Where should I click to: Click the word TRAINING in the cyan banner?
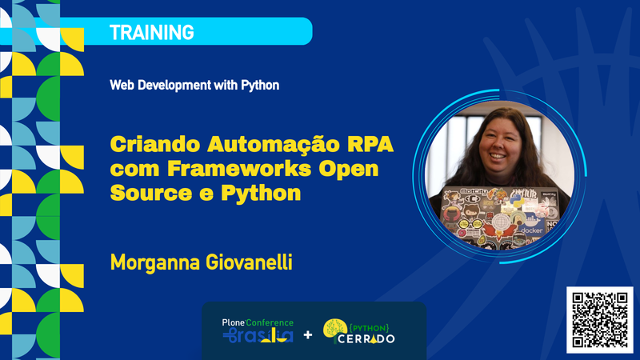click(151, 33)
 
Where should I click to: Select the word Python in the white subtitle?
click(260, 86)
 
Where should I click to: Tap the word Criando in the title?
click(155, 144)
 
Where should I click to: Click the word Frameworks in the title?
click(239, 169)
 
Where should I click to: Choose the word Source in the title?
click(151, 193)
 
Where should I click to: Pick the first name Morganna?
click(155, 263)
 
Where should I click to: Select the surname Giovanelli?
click(249, 262)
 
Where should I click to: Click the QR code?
click(599, 320)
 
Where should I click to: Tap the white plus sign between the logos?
click(308, 335)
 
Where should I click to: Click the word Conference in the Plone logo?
click(270, 322)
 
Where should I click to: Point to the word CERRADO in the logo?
click(366, 338)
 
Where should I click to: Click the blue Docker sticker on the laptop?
click(531, 226)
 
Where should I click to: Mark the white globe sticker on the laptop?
click(499, 223)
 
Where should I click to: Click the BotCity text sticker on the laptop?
click(474, 191)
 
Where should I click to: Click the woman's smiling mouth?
click(497, 155)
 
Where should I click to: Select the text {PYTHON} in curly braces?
click(369, 328)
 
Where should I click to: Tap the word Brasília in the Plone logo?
click(258, 335)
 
